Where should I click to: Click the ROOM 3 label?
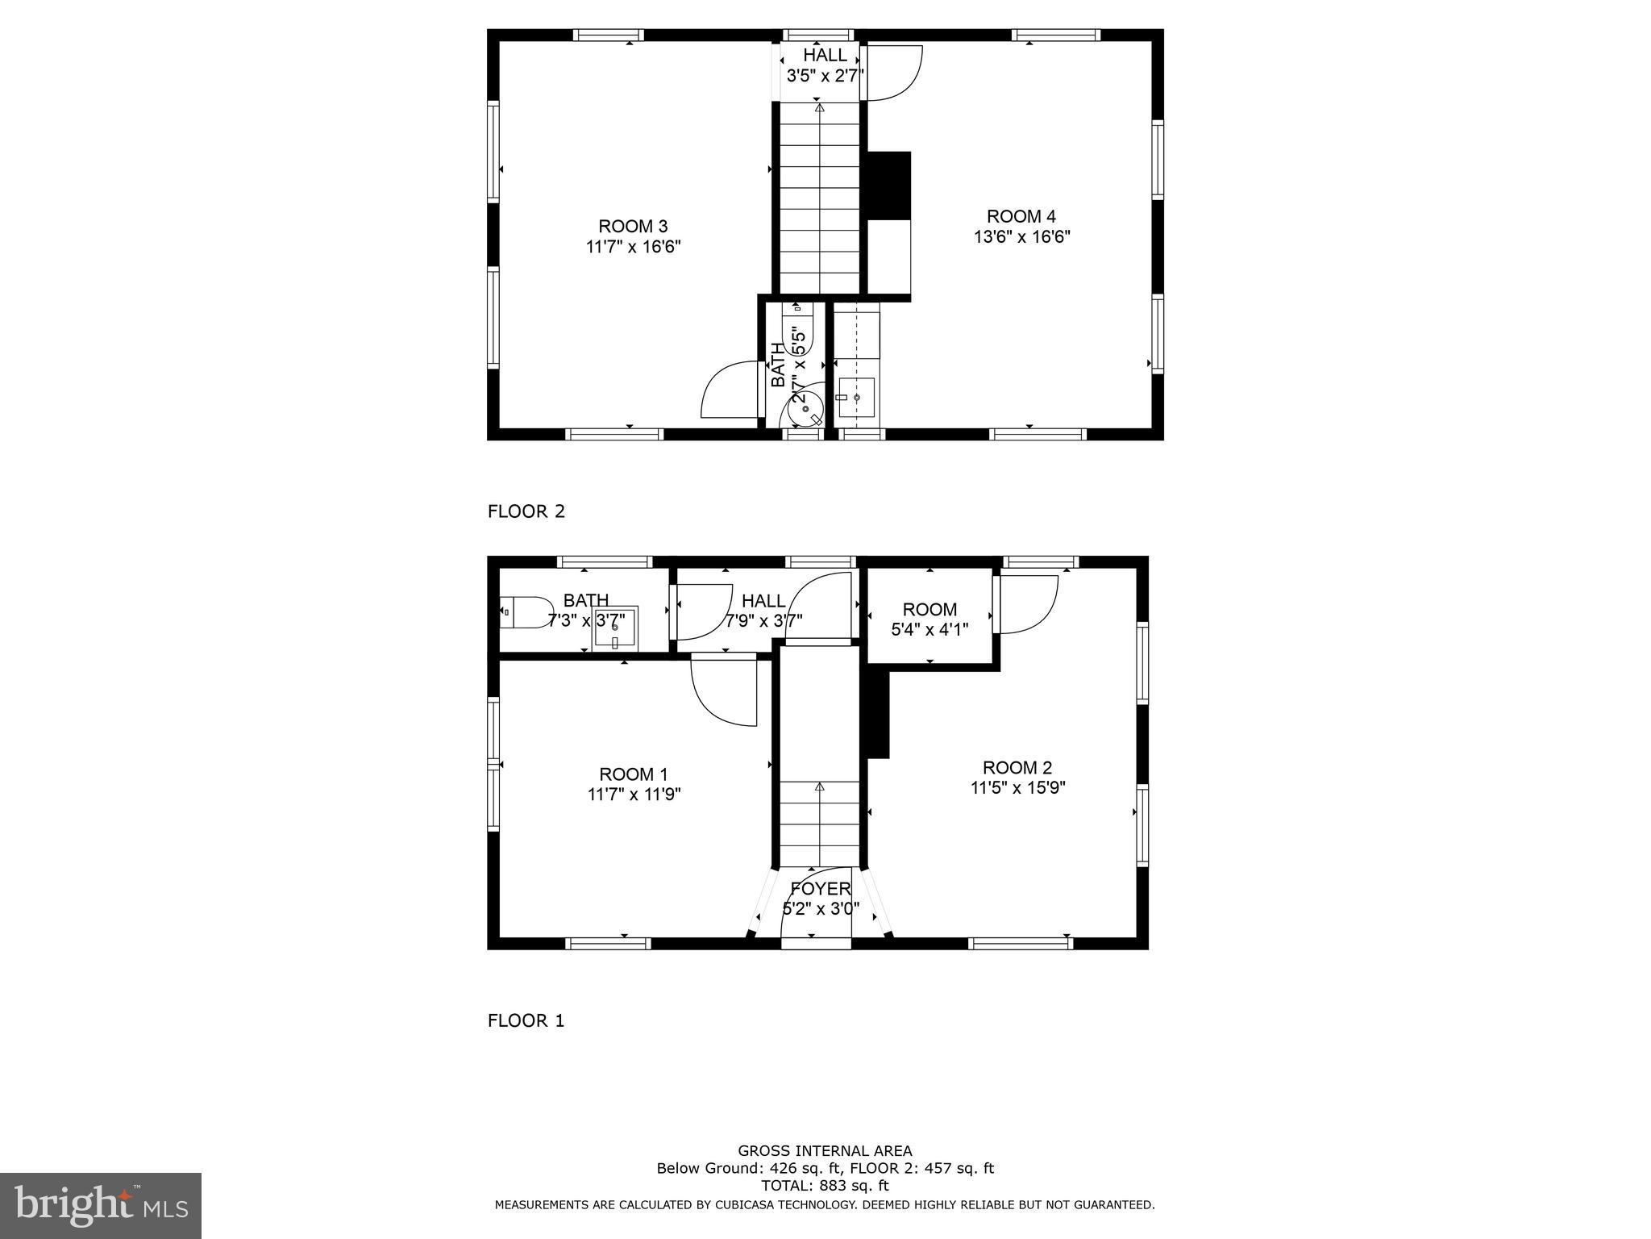(633, 226)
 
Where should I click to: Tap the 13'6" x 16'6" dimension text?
(1021, 237)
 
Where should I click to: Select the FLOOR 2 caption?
(526, 511)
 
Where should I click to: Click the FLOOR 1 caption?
(526, 1020)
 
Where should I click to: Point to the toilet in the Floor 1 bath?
(525, 612)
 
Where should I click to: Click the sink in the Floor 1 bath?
(615, 628)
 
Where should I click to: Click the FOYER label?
(820, 889)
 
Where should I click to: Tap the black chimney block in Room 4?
(888, 185)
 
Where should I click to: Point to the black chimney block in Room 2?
(878, 714)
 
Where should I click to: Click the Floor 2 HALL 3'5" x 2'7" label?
(825, 65)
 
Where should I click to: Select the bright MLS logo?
(100, 1205)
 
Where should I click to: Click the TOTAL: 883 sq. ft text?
(825, 1186)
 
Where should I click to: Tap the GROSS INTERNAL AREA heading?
(825, 1151)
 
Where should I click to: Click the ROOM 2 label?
(1017, 767)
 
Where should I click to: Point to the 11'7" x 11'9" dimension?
(634, 795)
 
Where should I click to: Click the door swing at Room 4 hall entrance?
(892, 74)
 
